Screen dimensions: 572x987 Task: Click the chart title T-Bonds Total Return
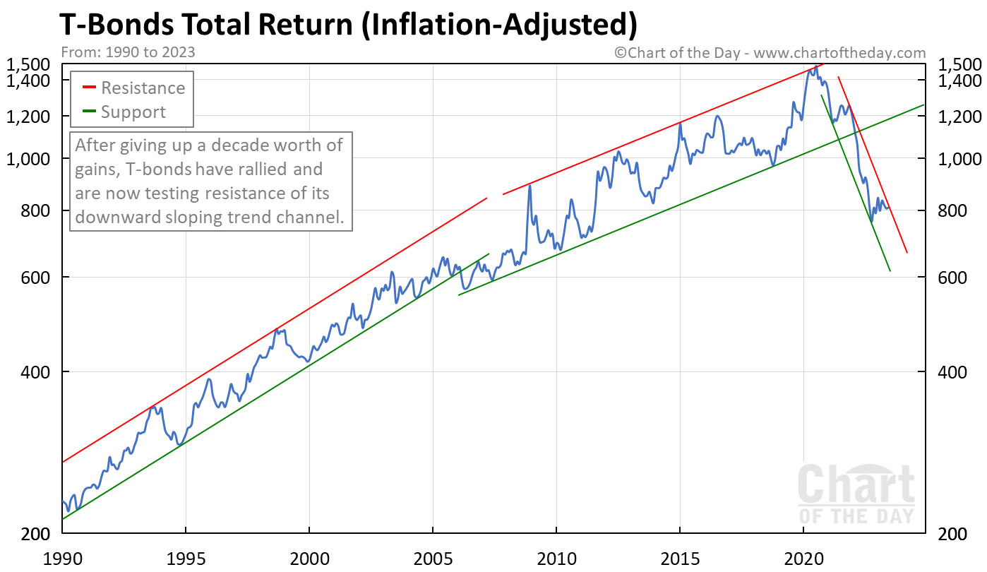348,25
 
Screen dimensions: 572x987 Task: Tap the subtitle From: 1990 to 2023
128,52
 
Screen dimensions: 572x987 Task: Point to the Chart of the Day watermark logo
856,494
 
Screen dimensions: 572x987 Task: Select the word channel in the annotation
311,218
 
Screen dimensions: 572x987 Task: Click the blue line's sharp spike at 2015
680,124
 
